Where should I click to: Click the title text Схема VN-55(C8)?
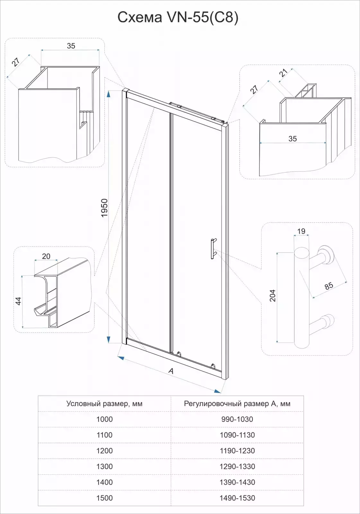point(178,17)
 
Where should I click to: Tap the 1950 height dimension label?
point(104,208)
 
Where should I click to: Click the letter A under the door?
point(171,371)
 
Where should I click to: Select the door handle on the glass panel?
point(213,249)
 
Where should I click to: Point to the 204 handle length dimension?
point(272,296)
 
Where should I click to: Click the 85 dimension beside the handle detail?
point(329,286)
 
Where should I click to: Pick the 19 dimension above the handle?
point(301,231)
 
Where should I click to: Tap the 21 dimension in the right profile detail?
point(284,73)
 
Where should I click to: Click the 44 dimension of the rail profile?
point(18,301)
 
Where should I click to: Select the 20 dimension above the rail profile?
point(46,256)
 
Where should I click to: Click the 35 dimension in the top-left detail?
point(71,46)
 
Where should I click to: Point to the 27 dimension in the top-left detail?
point(16,62)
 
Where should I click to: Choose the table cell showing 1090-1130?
point(237,435)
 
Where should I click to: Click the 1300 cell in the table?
point(104,466)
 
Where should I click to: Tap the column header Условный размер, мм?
point(104,403)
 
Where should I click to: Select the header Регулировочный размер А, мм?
point(237,403)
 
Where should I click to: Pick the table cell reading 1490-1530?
point(237,498)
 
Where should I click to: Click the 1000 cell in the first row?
point(104,419)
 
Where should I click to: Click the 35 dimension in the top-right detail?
point(293,138)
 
